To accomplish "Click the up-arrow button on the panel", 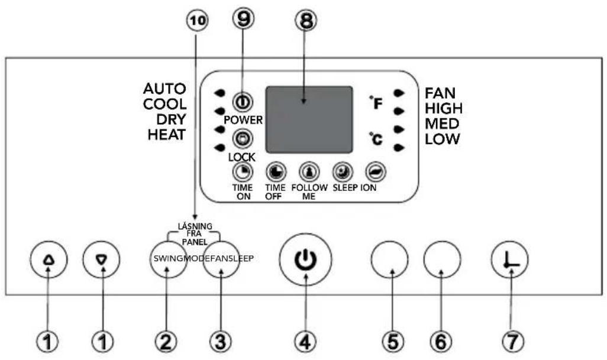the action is (49, 260).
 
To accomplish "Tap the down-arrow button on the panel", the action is (102, 260).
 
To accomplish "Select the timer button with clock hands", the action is (510, 260).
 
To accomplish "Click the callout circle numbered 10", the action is (197, 21).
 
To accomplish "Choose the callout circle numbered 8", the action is (305, 20).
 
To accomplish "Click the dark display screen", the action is (309, 119).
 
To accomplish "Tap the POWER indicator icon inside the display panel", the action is (243, 102).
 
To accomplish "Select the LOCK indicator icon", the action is (243, 139).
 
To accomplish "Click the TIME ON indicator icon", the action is (243, 173).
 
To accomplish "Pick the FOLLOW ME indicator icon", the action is (309, 173).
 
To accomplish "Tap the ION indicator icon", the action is (376, 173).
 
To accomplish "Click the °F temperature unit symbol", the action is (376, 102).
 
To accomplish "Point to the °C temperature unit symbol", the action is (376, 138).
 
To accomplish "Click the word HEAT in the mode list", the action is (167, 135).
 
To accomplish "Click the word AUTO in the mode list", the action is (164, 89).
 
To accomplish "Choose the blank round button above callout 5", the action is (389, 260).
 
